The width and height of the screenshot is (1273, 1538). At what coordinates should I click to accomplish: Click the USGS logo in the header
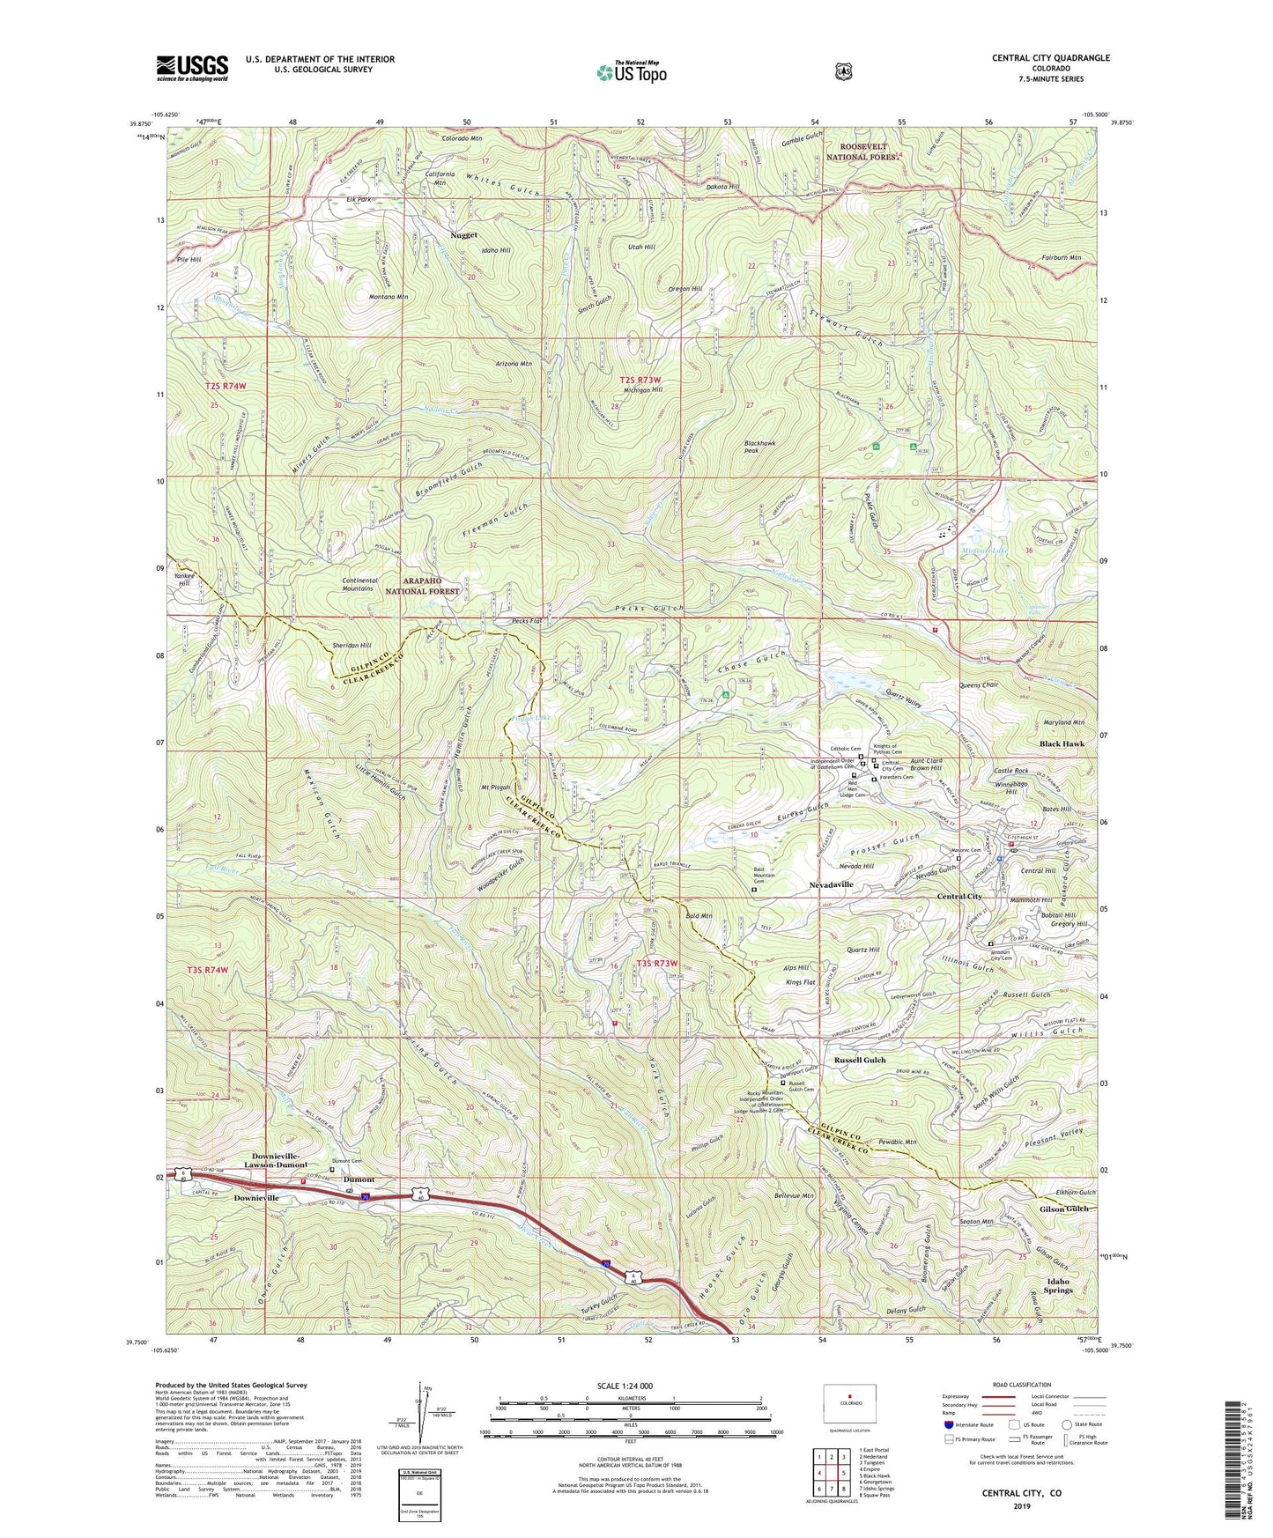[x=192, y=67]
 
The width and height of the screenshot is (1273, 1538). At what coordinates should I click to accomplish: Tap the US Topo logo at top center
[x=631, y=71]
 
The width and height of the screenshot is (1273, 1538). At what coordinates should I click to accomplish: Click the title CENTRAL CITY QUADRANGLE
[x=1050, y=58]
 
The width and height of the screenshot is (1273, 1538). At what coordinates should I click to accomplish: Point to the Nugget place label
[x=463, y=235]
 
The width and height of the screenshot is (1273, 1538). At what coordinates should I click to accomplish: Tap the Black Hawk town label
[x=1062, y=743]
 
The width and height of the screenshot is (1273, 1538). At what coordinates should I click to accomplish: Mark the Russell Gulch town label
[x=860, y=1060]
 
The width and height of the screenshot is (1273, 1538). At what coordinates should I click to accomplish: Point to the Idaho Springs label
[x=1058, y=1285]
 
